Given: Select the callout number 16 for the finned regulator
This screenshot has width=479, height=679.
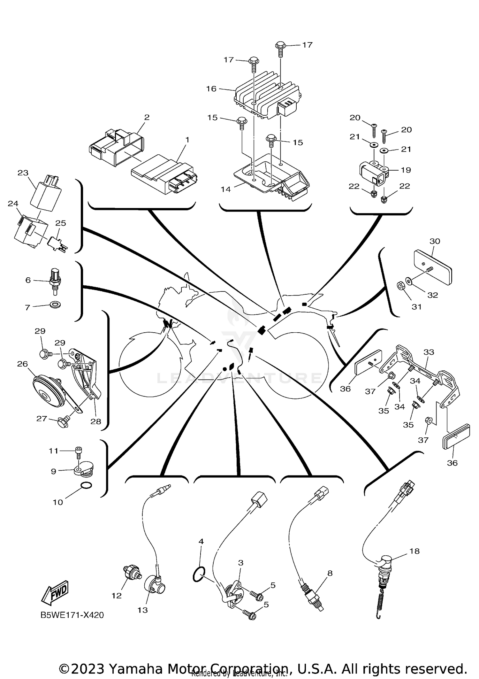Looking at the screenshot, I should click(211, 89).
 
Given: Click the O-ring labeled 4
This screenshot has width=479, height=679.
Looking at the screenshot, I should click(199, 575).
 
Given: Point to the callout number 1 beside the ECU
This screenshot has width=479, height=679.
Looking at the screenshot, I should click(187, 140).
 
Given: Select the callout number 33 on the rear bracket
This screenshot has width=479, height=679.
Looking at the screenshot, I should click(429, 352).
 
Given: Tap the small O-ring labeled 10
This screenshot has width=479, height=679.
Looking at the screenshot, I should click(86, 486).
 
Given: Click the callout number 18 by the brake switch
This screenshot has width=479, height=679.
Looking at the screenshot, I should click(414, 551).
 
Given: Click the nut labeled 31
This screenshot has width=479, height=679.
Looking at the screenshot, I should click(400, 286).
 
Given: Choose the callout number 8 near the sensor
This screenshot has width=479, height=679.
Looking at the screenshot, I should click(330, 573).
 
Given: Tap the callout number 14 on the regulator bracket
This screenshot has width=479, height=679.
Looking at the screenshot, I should click(225, 189).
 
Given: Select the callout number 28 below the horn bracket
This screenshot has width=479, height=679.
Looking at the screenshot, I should click(95, 421).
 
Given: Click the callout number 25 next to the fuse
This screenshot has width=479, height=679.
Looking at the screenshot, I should click(61, 223).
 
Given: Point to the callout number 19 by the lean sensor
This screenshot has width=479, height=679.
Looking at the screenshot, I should click(406, 170).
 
